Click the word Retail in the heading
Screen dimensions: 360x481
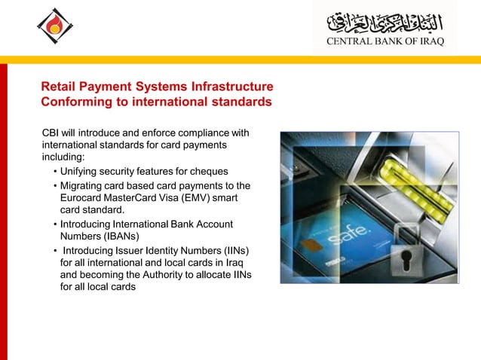click(58, 87)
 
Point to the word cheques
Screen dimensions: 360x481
click(209, 172)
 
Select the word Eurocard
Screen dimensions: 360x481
click(81, 197)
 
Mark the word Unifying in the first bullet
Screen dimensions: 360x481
click(80, 172)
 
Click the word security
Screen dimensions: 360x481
click(123, 172)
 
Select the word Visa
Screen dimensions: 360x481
click(178, 197)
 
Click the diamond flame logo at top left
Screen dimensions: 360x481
click(55, 27)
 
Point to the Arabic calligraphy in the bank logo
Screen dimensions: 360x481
click(386, 21)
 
